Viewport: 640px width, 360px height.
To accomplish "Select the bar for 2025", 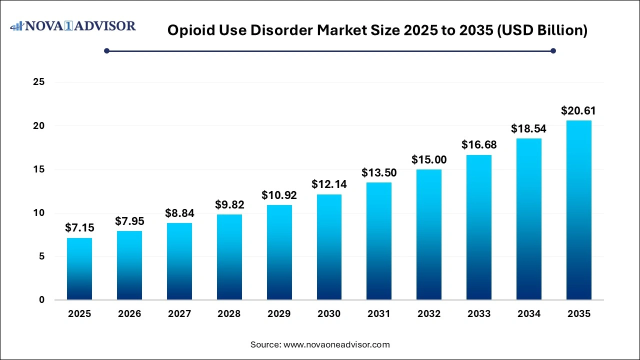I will [79, 269].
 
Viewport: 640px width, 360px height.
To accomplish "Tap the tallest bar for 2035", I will [578, 210].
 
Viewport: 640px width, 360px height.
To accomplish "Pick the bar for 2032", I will [429, 234].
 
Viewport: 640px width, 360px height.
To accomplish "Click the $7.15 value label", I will [79, 228].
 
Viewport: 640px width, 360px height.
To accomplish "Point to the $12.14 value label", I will [329, 184].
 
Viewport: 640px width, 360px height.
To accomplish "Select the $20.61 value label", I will [578, 110].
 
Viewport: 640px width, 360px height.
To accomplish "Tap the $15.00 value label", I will [429, 159].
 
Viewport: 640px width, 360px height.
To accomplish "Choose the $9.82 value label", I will [229, 204].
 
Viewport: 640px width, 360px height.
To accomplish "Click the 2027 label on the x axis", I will [179, 314].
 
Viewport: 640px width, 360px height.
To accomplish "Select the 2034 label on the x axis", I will [529, 314].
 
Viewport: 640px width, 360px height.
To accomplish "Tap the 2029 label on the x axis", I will [279, 314].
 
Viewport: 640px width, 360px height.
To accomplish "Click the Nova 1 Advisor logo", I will [73, 25].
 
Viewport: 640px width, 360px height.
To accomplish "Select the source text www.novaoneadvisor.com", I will [336, 344].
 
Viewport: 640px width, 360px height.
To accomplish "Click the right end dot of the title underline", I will [553, 50].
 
